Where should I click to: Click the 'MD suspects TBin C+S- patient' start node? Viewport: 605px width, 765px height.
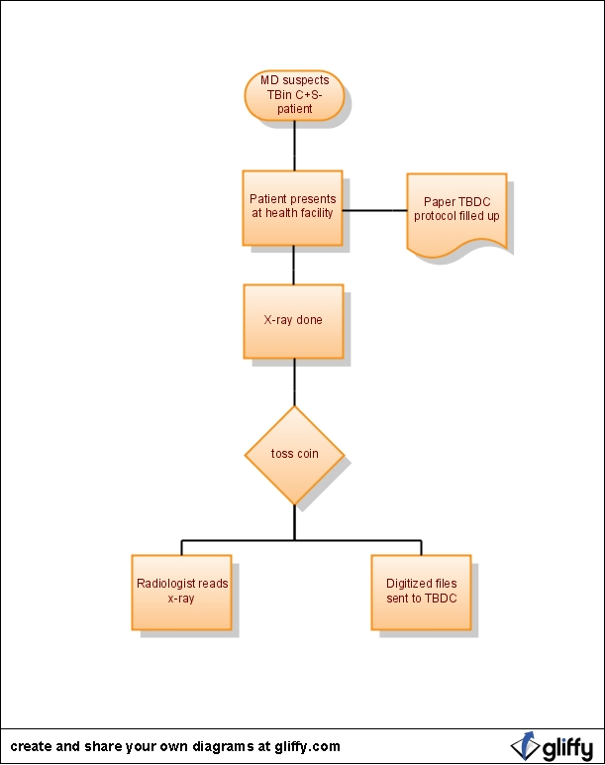[294, 95]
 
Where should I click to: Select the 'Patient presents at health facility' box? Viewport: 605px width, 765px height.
[292, 208]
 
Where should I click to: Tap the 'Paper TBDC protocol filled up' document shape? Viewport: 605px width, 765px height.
[456, 215]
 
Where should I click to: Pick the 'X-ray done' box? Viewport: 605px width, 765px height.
[293, 321]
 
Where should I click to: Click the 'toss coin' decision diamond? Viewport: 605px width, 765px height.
[294, 455]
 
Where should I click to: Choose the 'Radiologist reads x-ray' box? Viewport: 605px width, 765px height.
[181, 593]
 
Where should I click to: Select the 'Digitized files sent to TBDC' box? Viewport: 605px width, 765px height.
[421, 593]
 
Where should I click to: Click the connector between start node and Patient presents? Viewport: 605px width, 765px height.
[294, 146]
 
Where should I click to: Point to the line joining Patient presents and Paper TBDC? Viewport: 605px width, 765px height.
[375, 210]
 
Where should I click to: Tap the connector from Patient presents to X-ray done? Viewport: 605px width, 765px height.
[293, 265]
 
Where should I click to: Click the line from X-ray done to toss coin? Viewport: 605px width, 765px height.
[294, 382]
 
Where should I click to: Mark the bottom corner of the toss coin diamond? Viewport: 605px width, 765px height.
[294, 505]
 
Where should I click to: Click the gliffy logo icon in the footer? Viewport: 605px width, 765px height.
[525, 746]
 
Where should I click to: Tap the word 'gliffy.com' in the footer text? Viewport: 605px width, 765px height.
[307, 747]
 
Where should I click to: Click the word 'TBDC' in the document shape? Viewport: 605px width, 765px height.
[474, 202]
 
